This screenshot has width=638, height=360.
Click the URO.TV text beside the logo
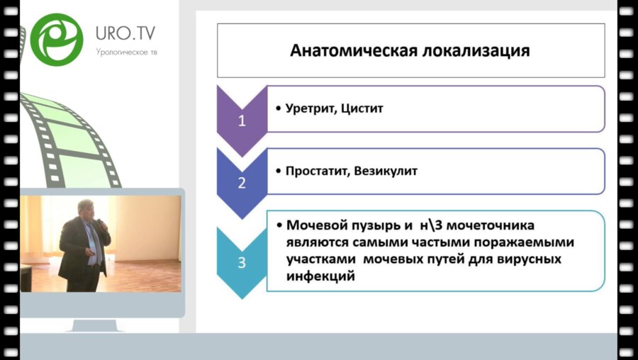point(125,33)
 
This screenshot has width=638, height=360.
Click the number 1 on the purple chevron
point(242,120)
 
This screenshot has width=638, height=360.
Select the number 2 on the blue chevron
point(242,182)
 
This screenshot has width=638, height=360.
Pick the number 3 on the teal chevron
point(242,262)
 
